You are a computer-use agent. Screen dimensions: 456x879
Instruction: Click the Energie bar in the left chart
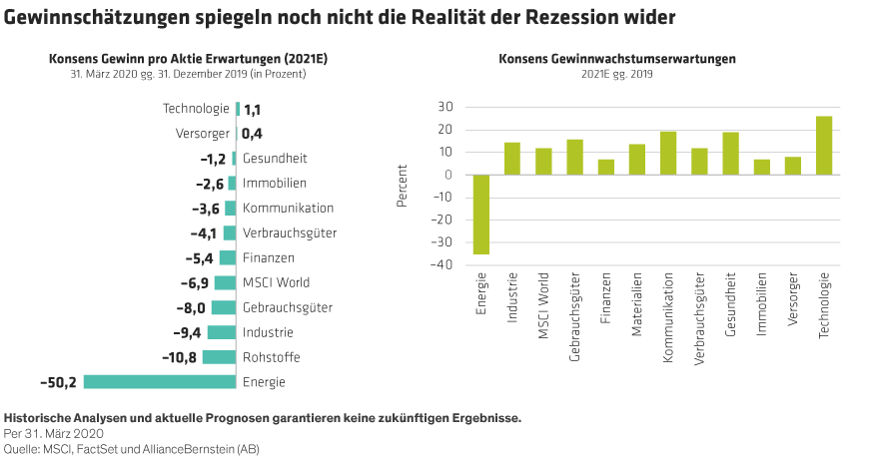(160, 381)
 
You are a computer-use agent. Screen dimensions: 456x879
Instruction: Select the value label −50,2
(58, 382)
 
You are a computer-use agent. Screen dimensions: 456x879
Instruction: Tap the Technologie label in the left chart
(196, 108)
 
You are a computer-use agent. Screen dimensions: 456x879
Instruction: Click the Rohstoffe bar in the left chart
(219, 357)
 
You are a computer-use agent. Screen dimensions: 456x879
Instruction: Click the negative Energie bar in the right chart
(481, 215)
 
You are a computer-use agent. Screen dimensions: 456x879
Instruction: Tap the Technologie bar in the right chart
(824, 146)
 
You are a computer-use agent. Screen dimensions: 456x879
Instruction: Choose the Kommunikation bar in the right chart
(668, 153)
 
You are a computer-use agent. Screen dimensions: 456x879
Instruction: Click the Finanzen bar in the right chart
(605, 167)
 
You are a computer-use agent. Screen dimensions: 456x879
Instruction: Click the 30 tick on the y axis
(445, 107)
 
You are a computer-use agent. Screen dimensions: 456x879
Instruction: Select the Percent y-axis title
(403, 186)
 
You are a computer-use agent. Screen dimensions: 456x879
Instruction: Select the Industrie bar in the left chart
(222, 332)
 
